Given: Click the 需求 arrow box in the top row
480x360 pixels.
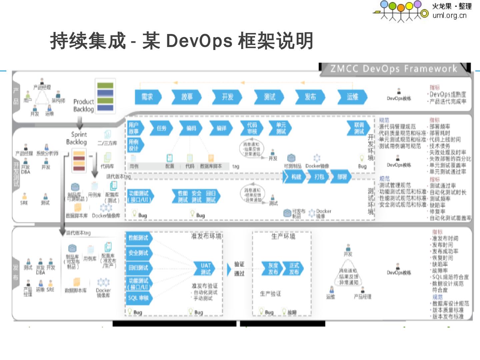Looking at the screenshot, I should pos(147,97).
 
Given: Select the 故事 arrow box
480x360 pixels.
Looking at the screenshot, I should pos(187,97).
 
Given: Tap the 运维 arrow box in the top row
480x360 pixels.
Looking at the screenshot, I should pos(352,97).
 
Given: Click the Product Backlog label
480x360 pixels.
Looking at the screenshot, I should pos(83,105).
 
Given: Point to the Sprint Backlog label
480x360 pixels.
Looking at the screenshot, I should pos(77,138).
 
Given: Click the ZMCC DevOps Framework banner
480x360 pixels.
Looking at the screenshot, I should pos(393,69).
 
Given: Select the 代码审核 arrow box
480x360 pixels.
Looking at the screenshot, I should pos(252,128).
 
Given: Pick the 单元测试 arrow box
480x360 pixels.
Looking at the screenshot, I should pos(281,128).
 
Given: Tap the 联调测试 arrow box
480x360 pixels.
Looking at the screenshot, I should pos(359,128).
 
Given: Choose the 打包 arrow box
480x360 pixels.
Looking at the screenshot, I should pos(319,177).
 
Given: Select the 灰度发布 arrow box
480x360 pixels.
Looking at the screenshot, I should pos(273,269).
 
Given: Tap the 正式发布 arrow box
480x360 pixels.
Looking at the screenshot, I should pos(294,269).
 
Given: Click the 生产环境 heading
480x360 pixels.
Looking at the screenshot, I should pos(283,236).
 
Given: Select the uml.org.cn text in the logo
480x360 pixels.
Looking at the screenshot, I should pos(449,15).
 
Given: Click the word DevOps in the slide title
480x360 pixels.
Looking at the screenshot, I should pos(199,41).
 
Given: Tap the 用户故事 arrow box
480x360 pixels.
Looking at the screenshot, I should pos(134,128).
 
